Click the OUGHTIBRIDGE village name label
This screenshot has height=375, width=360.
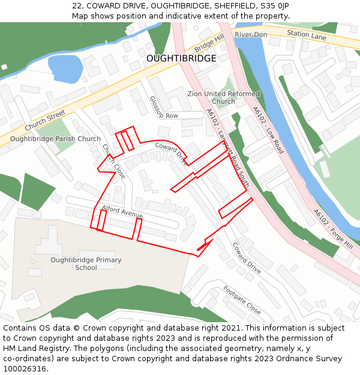pos(181,58)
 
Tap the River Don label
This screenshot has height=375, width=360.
pos(250,35)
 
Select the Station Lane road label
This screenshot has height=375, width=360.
pos(306,35)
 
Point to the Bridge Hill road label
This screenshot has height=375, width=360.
pos(209,42)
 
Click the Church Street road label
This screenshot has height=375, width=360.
pos(45,121)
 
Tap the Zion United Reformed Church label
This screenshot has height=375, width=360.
pos(223,97)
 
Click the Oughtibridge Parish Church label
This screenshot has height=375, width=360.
pos(56,139)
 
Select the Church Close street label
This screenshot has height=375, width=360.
pos(113,161)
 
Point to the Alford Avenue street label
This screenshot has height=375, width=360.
pos(122,211)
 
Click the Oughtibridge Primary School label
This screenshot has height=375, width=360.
pos(86,263)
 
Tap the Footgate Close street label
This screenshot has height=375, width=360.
pos(242,299)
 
